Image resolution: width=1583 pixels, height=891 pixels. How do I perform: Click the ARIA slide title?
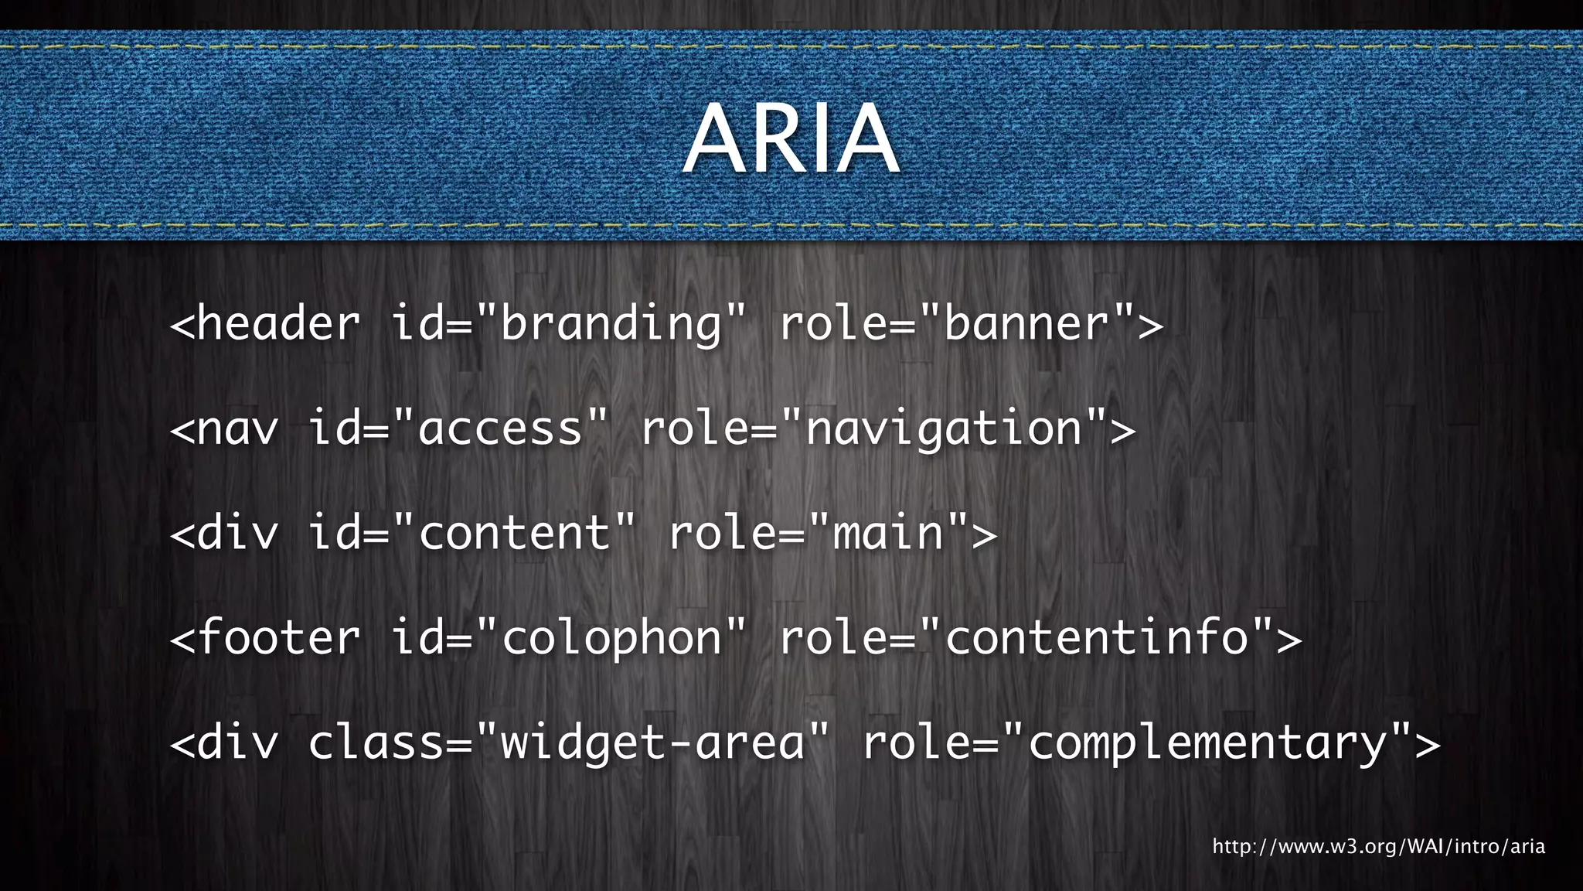tap(791, 139)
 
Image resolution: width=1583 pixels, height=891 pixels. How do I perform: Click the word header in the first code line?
tap(278, 323)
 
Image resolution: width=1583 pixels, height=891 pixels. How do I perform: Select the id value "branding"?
tap(611, 323)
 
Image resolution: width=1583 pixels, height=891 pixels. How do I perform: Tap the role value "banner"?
tap(1027, 323)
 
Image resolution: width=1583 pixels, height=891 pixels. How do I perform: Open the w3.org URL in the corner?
tap(1378, 846)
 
